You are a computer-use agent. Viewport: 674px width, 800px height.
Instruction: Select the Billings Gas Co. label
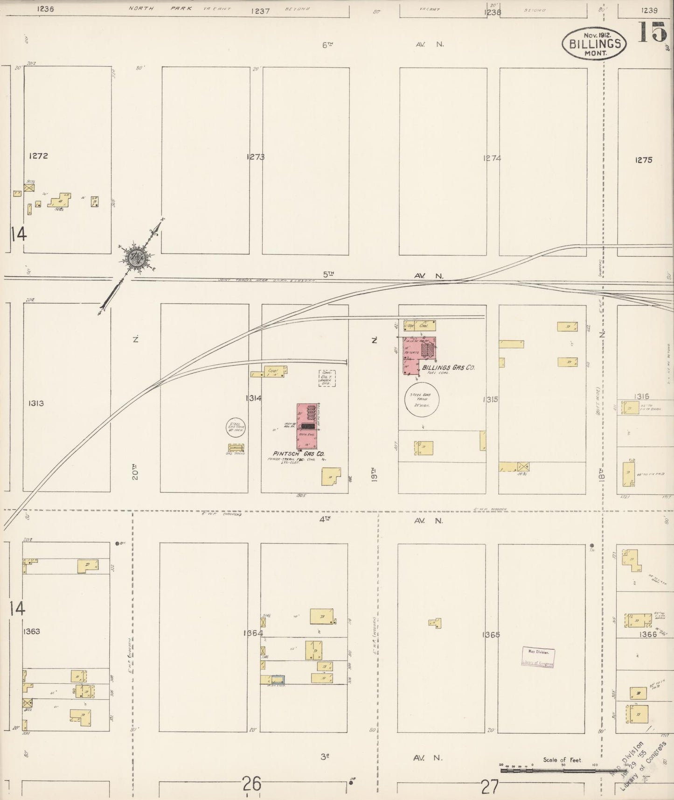click(x=448, y=368)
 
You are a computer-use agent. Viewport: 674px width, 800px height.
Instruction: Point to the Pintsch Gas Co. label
click(x=299, y=453)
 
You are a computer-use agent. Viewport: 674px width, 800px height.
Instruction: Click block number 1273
click(x=256, y=157)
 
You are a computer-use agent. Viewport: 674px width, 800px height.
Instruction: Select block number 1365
click(x=491, y=635)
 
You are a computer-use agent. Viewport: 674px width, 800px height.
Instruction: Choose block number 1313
click(x=36, y=403)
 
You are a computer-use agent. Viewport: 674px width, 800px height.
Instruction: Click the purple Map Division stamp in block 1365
click(x=538, y=657)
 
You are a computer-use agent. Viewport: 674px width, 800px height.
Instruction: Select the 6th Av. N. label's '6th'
click(x=328, y=45)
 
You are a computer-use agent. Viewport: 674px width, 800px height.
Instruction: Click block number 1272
click(x=38, y=156)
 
